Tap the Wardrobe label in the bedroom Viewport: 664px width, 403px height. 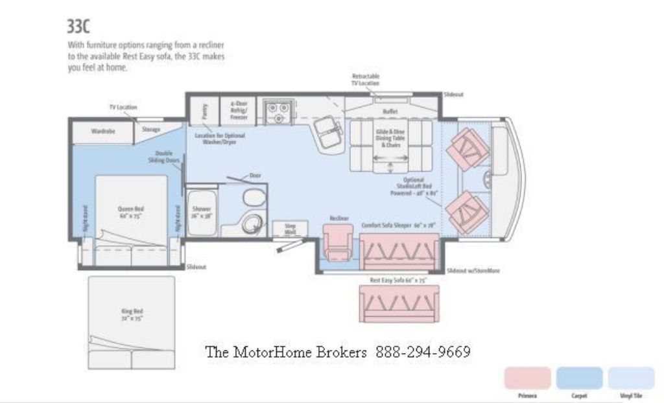(102, 131)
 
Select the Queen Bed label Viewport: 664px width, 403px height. (130, 212)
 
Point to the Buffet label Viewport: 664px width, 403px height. (390, 111)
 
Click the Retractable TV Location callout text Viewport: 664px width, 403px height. (366, 80)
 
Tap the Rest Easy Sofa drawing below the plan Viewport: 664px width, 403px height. (399, 303)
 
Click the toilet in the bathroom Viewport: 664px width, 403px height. (254, 198)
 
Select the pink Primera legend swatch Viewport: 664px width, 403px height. (527, 378)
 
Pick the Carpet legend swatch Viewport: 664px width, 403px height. (579, 378)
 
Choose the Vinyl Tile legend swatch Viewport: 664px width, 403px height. (631, 378)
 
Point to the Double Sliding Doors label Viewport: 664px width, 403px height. (163, 157)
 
